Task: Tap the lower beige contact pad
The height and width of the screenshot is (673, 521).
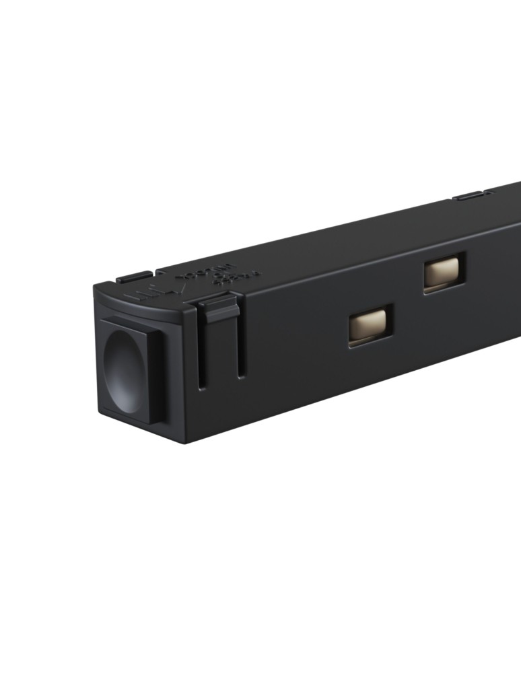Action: point(369,325)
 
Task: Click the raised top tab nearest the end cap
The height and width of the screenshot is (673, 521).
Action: point(134,277)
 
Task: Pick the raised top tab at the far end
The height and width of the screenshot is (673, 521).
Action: point(471,196)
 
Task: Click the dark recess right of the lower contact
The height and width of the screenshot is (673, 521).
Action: point(390,324)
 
